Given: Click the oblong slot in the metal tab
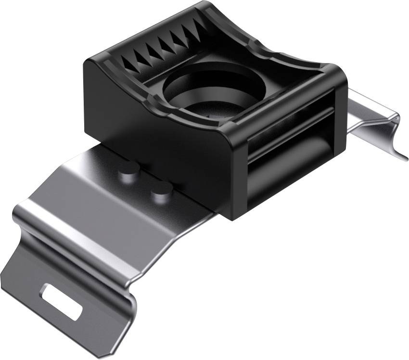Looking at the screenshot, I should tap(62, 301).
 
